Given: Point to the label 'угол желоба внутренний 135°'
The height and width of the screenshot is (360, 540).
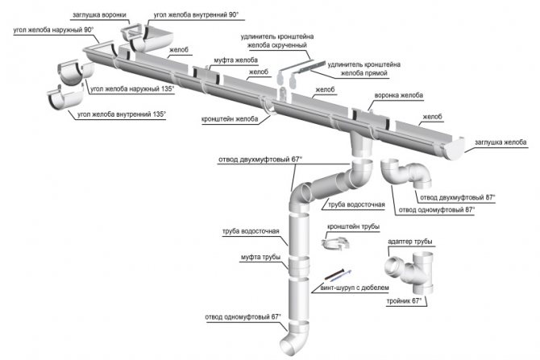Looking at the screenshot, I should click(121, 114).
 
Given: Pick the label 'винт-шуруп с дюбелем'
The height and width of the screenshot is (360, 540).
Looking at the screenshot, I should click(355, 287).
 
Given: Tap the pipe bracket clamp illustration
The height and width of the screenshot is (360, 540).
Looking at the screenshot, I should click(337, 243).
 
